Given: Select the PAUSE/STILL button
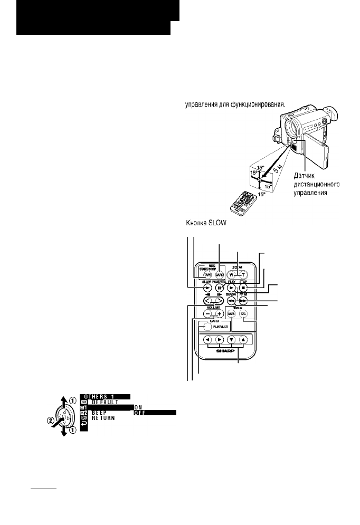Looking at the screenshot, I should click(x=217, y=289).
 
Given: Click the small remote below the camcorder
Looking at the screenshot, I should click(x=243, y=203).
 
